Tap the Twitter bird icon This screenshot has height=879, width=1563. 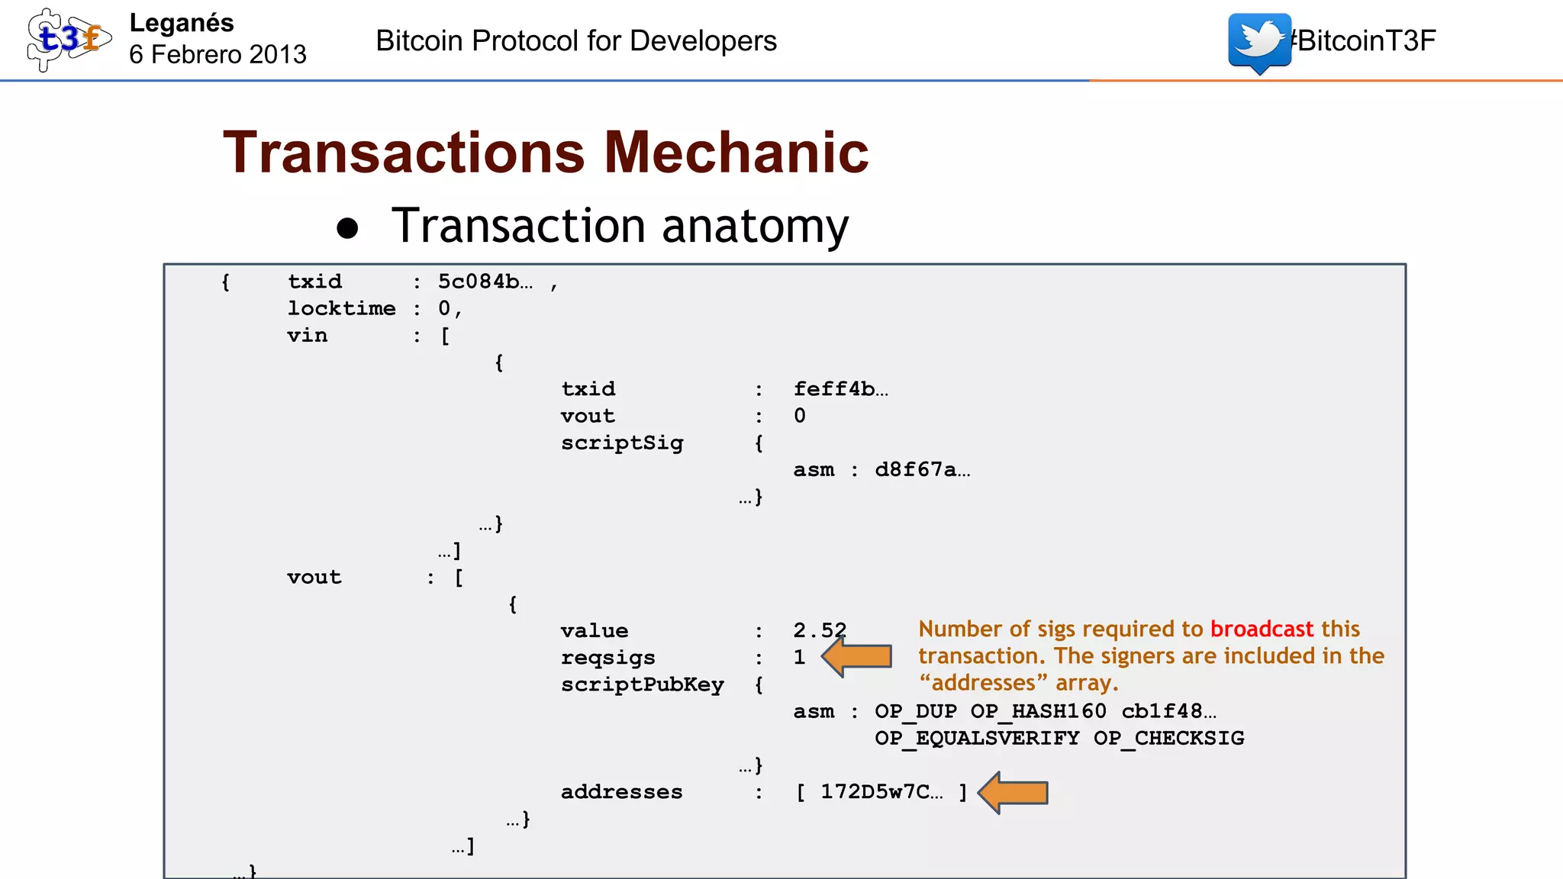pyautogui.click(x=1259, y=42)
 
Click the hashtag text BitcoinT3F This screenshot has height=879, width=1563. pyautogui.click(x=1365, y=40)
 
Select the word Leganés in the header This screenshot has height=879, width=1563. pyautogui.click(x=182, y=23)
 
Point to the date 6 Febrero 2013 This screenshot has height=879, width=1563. pyautogui.click(x=218, y=55)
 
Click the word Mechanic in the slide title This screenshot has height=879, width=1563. pyautogui.click(x=736, y=153)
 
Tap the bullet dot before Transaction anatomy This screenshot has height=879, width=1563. pyautogui.click(x=348, y=228)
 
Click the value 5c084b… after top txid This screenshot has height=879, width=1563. pyautogui.click(x=485, y=282)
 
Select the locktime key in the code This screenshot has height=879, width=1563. pyautogui.click(x=341, y=308)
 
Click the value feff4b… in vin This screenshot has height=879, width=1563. pyautogui.click(x=840, y=389)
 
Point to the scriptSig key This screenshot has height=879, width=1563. pyautogui.click(x=622, y=443)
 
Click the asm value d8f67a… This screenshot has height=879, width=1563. pyautogui.click(x=922, y=470)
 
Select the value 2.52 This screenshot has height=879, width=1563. pyautogui.click(x=820, y=631)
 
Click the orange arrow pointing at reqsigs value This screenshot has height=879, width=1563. pyautogui.click(x=858, y=657)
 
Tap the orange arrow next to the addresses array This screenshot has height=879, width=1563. pyautogui.click(x=1014, y=793)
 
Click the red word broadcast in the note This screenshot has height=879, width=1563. pyautogui.click(x=1262, y=629)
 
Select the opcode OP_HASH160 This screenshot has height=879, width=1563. pyautogui.click(x=1038, y=711)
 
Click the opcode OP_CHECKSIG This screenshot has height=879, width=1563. pyautogui.click(x=1168, y=739)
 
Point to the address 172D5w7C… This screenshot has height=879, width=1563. pyautogui.click(x=881, y=792)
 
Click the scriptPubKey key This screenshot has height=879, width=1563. pyautogui.click(x=642, y=684)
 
